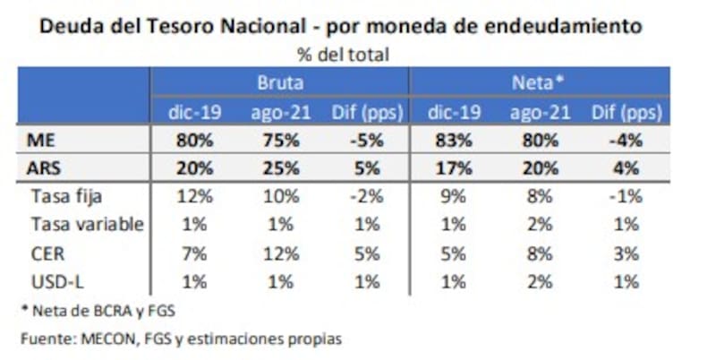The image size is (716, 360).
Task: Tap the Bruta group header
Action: pos(279,83)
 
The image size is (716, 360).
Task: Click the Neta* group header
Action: pos(537,83)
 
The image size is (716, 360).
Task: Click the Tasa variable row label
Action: pos(87,225)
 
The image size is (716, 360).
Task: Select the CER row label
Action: pos(47,253)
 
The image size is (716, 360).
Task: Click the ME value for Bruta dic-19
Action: pos(195,141)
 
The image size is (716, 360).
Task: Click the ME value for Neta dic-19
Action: pos(453,141)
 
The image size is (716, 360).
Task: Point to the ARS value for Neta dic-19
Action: pos(453,168)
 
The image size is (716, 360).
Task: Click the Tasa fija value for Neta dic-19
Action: pos(453,197)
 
